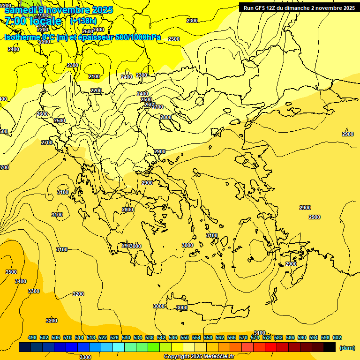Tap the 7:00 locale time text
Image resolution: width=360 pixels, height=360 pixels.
point(33,21)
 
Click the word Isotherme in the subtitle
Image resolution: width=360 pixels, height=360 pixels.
point(22,37)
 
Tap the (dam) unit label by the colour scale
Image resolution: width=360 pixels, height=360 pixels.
point(347,347)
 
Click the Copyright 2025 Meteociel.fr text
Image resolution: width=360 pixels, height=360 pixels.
point(199,356)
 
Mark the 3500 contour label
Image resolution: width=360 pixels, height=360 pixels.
point(11,272)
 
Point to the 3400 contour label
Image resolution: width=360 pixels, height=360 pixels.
point(21,281)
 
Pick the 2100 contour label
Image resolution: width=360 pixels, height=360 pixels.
point(94,76)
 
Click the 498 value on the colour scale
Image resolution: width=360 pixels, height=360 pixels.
point(32,337)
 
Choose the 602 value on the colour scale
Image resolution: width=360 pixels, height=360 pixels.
point(337,337)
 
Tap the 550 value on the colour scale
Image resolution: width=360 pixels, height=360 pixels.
point(185,337)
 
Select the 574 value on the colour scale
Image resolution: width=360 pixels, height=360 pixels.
point(255,337)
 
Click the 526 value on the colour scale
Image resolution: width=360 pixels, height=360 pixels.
point(114,337)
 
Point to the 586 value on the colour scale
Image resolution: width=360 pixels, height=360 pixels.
point(290,337)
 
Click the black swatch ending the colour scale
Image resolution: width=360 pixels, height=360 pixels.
point(330,347)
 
